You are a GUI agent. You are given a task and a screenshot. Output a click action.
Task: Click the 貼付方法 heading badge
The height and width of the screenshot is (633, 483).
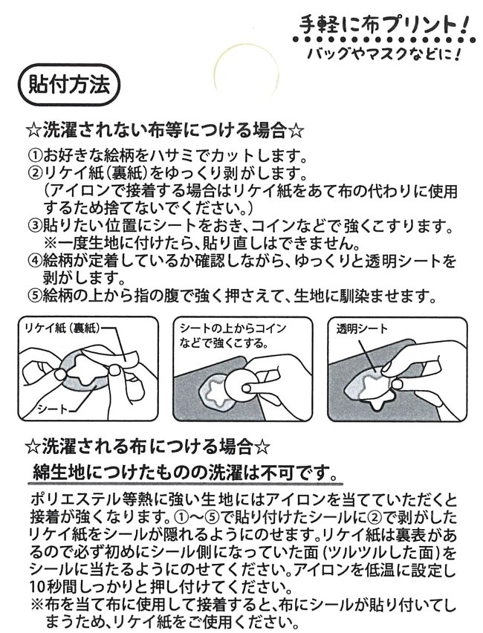(x=69, y=85)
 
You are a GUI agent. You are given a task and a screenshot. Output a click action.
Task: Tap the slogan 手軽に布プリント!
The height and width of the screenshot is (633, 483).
(x=383, y=25)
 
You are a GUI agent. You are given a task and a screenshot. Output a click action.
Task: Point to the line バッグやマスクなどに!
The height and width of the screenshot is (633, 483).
(x=383, y=53)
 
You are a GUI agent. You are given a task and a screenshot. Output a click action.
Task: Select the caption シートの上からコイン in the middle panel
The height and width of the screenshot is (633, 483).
(x=233, y=328)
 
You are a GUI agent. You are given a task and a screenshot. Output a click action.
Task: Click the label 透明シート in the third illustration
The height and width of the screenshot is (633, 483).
(x=362, y=329)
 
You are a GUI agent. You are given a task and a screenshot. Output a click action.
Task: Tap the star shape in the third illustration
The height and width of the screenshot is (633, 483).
(x=377, y=389)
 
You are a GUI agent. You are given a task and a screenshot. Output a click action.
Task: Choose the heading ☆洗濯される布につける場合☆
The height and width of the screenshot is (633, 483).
(x=146, y=448)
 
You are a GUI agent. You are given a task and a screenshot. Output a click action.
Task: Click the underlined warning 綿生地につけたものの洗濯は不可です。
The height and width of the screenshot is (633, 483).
(x=185, y=473)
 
